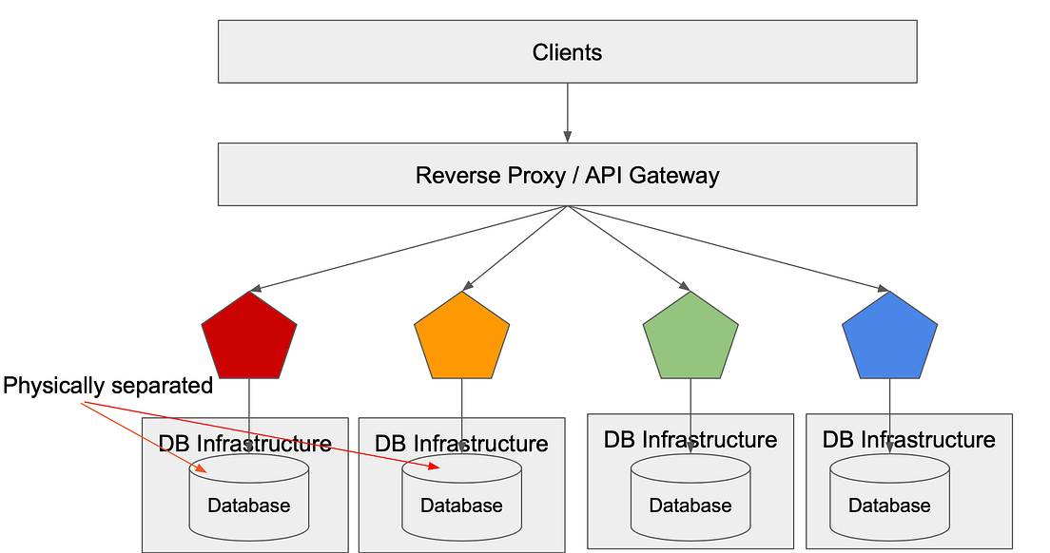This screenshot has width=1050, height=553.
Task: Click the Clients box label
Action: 567,52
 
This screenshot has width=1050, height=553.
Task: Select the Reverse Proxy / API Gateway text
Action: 567,176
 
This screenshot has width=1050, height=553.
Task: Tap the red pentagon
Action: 249,336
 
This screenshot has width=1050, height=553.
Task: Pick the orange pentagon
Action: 462,336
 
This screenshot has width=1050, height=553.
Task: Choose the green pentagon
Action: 690,336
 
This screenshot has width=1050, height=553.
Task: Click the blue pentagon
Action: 890,336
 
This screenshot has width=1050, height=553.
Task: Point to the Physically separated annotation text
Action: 107,386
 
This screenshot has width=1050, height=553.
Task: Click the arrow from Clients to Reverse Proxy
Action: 568,112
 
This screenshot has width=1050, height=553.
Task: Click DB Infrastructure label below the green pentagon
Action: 690,440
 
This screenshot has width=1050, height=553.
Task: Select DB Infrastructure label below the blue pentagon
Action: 908,440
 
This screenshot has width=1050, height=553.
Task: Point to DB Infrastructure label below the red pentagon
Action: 244,444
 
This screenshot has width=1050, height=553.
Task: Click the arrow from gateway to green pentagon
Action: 628,247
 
